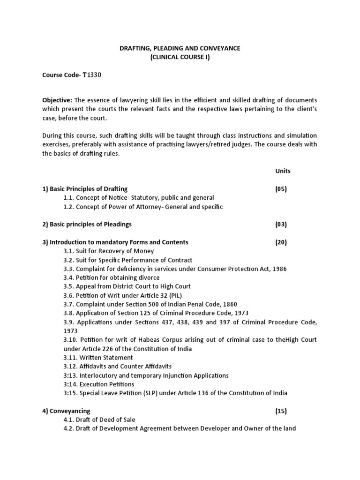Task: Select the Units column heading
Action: coord(283,171)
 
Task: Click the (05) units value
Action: coord(281,189)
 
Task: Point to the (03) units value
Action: coord(281,225)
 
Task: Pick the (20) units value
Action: coord(281,242)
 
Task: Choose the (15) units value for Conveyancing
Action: coord(281,411)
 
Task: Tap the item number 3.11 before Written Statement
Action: coord(70,358)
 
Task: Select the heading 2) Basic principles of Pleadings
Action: coord(87,225)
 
